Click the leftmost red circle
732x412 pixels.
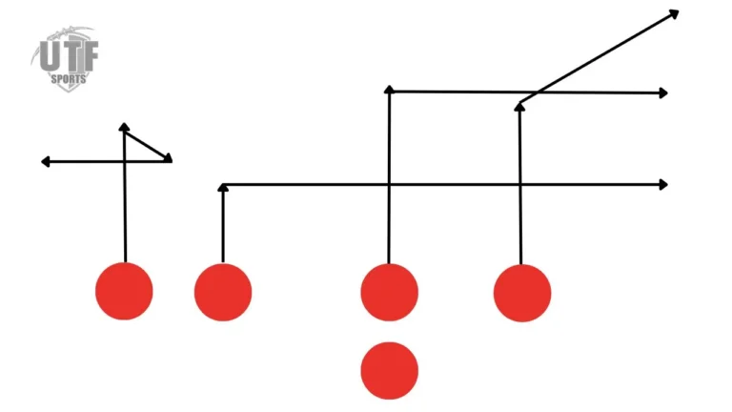pyautogui.click(x=124, y=291)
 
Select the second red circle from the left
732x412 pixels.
pyautogui.click(x=223, y=292)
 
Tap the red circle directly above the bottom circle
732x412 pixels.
pyautogui.click(x=389, y=293)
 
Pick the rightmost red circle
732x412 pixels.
pyautogui.click(x=522, y=293)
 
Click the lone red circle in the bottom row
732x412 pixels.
pyautogui.click(x=389, y=371)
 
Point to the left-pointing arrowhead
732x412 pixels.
pyautogui.click(x=46, y=161)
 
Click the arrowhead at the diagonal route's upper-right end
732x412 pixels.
pyautogui.click(x=674, y=14)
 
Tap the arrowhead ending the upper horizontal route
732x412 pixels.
pyautogui.click(x=663, y=93)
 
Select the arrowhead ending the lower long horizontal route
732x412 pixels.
pyautogui.click(x=663, y=185)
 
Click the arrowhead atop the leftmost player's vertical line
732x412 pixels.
pyautogui.click(x=124, y=127)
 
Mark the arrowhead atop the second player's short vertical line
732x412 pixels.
pyautogui.click(x=223, y=187)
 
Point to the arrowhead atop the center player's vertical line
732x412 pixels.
pyautogui.click(x=389, y=90)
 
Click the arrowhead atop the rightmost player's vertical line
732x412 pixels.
pyautogui.click(x=519, y=107)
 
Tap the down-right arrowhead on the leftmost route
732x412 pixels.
pyautogui.click(x=168, y=158)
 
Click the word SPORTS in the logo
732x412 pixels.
pyautogui.click(x=69, y=78)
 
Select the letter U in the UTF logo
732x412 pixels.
pyautogui.click(x=50, y=56)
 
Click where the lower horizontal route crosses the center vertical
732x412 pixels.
pyautogui.click(x=389, y=185)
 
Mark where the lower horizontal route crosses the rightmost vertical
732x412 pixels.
pyautogui.click(x=520, y=185)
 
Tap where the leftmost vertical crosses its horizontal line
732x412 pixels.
pyautogui.click(x=125, y=161)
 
